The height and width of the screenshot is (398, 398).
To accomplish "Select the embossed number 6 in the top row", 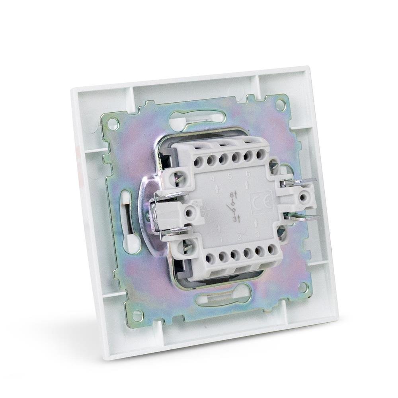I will pos(248,174).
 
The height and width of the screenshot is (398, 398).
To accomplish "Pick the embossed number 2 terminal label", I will pos(239,237).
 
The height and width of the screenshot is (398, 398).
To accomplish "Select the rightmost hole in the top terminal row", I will pos(261,154).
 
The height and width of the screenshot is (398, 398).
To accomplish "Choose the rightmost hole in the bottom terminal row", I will pos(272,250).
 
